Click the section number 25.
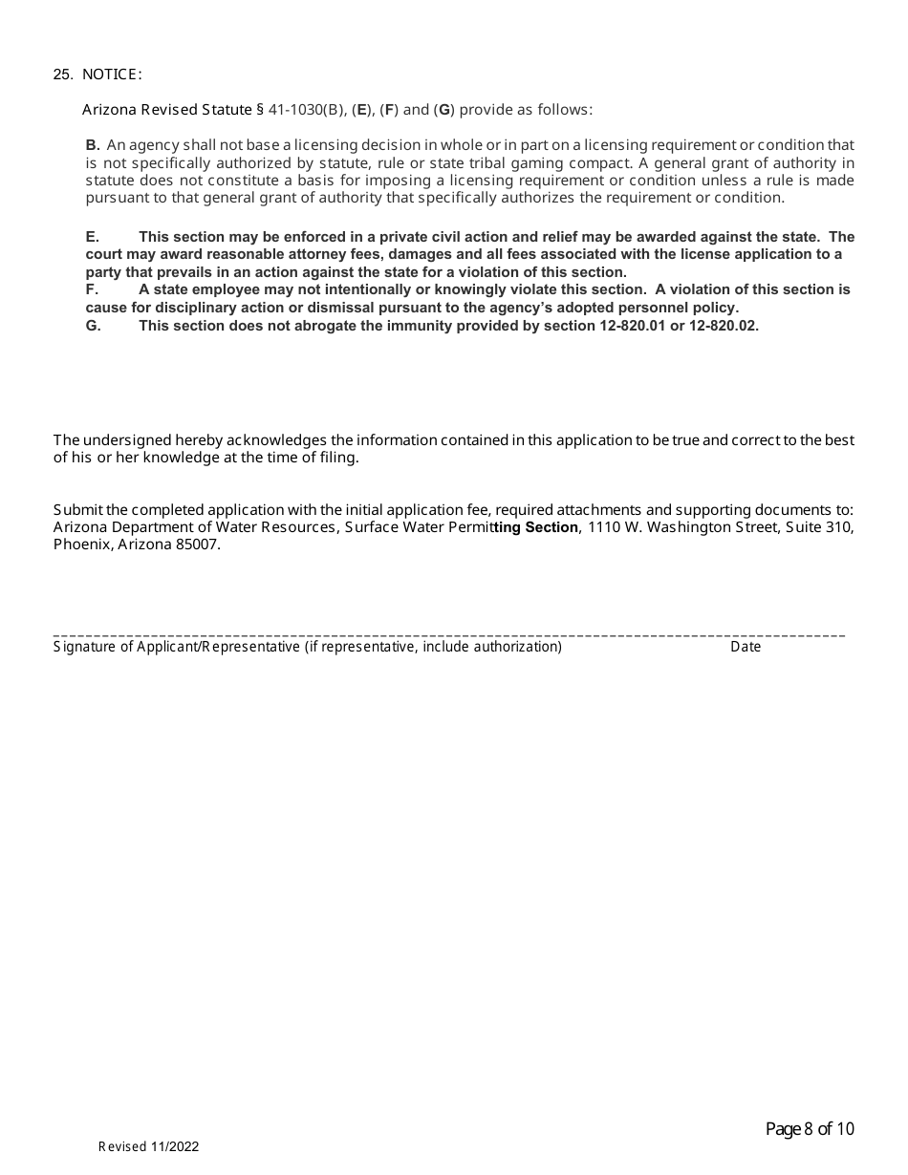pos(63,75)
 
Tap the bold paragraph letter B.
pos(93,145)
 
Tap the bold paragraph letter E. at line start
pos(93,237)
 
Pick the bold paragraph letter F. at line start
pos(93,289)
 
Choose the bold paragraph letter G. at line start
pos(93,325)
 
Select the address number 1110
pos(604,527)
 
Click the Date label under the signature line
pos(746,647)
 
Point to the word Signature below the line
pos(84,647)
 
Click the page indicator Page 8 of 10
pos(810,1129)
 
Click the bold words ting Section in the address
pos(535,527)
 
